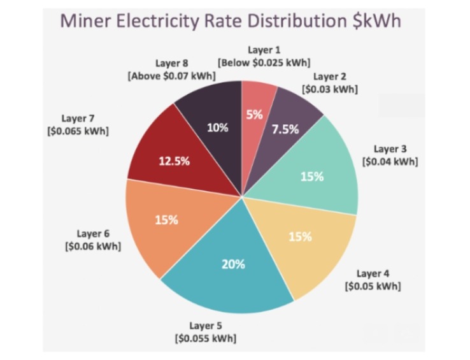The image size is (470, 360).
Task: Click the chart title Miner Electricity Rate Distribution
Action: pos(231,19)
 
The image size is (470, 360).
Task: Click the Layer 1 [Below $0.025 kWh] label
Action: pos(264,56)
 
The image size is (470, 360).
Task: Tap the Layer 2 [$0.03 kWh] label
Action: pos(329,83)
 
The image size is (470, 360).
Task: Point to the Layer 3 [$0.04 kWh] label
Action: pos(390,155)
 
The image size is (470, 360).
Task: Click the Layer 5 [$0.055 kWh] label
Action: pos(206,332)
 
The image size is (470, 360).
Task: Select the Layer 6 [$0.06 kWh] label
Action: pos(93,240)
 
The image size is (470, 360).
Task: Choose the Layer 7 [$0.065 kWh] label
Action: pos(78,124)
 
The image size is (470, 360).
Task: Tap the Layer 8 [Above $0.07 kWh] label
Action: pos(171,69)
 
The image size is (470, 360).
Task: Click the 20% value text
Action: pos(233,264)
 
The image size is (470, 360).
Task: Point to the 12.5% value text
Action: pos(174,161)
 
